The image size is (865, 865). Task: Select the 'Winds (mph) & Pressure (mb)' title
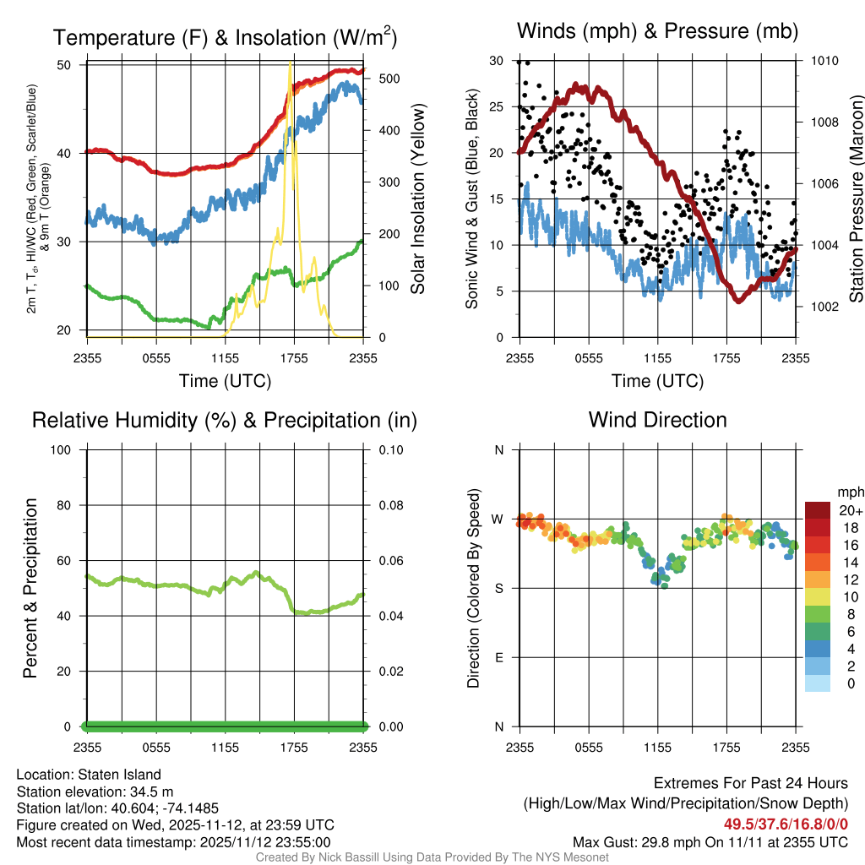[657, 31]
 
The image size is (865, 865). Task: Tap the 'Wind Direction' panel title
[657, 419]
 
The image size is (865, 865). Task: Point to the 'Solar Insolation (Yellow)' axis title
[417, 199]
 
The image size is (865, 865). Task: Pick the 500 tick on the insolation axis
[388, 79]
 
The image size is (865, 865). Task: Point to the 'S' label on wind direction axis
[498, 588]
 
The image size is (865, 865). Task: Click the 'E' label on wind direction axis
[498, 657]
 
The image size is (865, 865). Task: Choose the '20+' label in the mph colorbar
[851, 510]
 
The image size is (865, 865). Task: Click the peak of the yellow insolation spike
[291, 63]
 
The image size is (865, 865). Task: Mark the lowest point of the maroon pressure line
[738, 300]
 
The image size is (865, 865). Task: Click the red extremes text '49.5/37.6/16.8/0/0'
[786, 824]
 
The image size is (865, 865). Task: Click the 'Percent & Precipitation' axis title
[30, 588]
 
